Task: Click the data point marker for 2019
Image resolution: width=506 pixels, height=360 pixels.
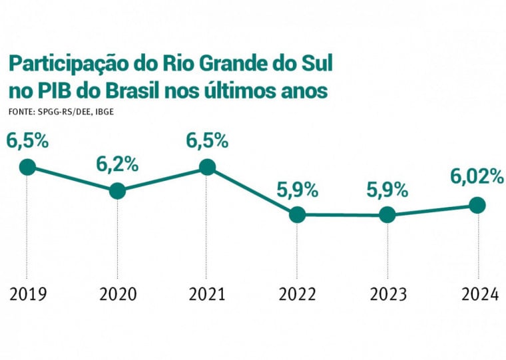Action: coord(27,166)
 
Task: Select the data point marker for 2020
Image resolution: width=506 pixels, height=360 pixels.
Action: coord(117,191)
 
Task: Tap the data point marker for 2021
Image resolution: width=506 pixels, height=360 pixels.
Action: coord(207,166)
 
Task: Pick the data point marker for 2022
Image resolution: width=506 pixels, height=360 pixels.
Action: coord(297,214)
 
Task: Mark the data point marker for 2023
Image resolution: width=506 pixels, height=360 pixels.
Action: coord(387,215)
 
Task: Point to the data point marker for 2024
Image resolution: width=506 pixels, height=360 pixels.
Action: coord(477,205)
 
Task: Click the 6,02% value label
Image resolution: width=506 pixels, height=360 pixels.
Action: coord(475,176)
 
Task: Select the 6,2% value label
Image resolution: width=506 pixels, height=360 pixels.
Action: coord(117,164)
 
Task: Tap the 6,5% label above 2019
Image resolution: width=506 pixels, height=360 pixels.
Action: coord(27,140)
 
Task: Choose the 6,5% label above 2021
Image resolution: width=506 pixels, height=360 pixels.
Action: coord(207,140)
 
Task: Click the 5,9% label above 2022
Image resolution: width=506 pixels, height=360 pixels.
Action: coord(297,189)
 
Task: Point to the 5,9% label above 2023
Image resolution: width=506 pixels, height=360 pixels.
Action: coord(387,189)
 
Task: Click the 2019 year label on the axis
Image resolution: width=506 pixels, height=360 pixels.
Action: coord(28,293)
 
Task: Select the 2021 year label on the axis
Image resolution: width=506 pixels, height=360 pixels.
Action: coord(207,293)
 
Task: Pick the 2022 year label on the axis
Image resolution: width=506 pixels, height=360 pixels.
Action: coord(297,293)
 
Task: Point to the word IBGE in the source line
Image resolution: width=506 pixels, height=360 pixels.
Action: coord(104,111)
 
